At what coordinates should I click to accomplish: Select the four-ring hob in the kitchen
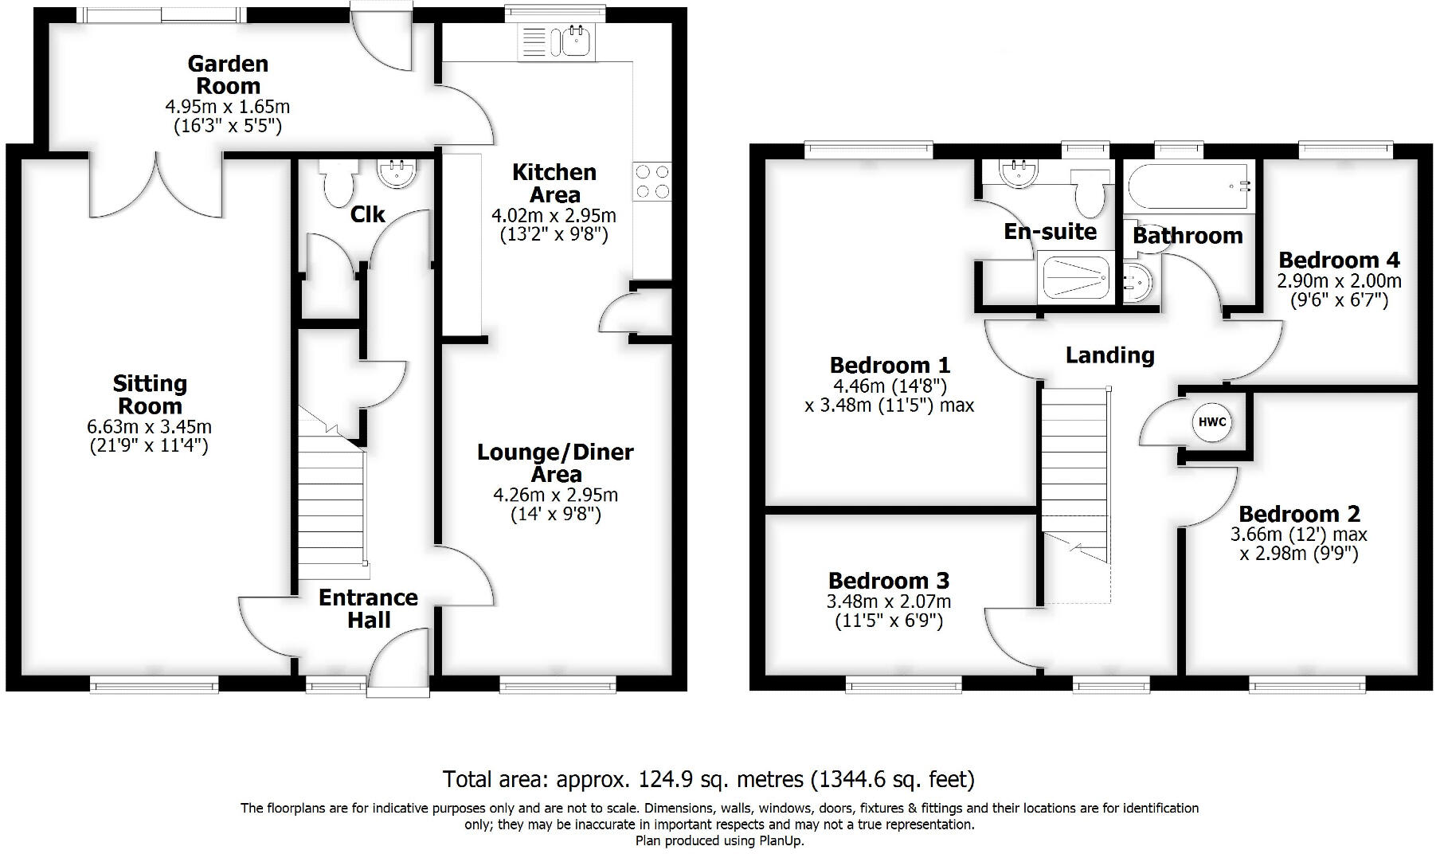pos(652,181)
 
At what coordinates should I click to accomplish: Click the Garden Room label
pos(227,75)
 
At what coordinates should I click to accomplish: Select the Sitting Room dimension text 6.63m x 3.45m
pos(149,427)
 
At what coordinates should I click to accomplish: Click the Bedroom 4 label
pos(1338,260)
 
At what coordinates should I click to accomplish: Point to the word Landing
pos(1109,355)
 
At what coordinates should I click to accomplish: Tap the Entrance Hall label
pos(368,609)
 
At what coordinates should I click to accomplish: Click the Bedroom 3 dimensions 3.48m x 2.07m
pos(888,602)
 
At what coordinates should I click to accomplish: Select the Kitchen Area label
pos(554,183)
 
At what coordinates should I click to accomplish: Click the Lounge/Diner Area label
pos(555,463)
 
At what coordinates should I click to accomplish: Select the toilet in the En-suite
pos(1089,191)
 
